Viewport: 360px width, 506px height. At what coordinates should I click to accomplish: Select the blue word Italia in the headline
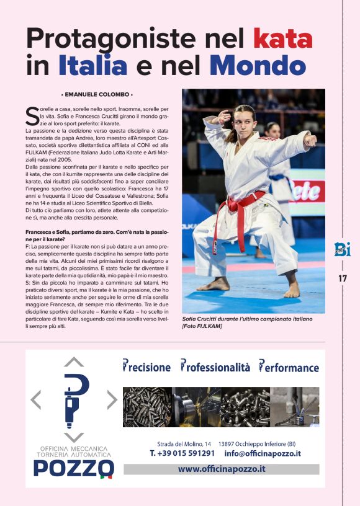click(x=92, y=65)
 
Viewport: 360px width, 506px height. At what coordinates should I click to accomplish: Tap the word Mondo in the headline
click(x=258, y=65)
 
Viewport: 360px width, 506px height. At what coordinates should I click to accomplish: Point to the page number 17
click(x=343, y=278)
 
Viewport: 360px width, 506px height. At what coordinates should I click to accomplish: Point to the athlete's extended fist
click(x=311, y=140)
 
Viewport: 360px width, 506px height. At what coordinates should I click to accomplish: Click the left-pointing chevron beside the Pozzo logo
click(x=36, y=400)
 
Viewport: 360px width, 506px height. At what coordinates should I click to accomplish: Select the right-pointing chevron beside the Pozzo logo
click(x=112, y=400)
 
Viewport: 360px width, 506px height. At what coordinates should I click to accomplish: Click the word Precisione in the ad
click(x=146, y=367)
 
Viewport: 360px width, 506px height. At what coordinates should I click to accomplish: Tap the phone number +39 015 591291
click(x=182, y=453)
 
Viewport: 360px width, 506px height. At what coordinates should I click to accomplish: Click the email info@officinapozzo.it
click(x=263, y=453)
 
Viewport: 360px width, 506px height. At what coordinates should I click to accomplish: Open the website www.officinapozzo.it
click(x=222, y=469)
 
